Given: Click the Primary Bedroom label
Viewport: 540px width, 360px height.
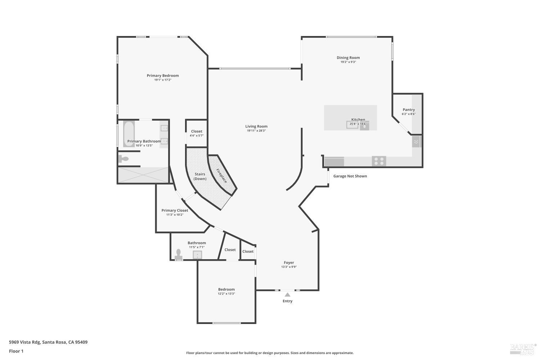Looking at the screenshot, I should [x=163, y=76].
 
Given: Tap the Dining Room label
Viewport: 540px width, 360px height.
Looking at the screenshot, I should [x=348, y=58].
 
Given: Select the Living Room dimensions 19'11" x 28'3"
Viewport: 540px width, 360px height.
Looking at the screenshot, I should [x=256, y=131].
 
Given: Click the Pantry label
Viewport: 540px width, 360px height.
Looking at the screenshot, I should [x=409, y=110].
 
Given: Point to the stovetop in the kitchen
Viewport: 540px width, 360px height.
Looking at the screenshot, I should [x=379, y=161].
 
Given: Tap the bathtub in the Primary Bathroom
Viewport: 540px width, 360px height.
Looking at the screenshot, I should [x=129, y=134].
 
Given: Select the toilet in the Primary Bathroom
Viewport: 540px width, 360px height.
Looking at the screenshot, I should [x=123, y=159].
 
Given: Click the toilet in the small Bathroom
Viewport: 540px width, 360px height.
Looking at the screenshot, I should [x=178, y=254].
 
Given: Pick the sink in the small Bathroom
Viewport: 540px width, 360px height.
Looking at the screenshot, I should [x=197, y=255].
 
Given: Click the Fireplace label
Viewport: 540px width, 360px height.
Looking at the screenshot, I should [x=222, y=176].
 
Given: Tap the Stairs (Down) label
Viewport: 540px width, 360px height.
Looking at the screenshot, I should [x=200, y=176].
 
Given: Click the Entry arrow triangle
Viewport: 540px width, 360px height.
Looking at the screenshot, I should [x=287, y=294].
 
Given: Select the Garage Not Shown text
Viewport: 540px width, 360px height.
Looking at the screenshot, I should [x=350, y=176].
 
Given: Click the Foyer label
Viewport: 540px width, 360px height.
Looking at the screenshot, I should [x=289, y=263].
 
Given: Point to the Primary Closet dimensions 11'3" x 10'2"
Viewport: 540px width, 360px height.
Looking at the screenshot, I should [x=175, y=215].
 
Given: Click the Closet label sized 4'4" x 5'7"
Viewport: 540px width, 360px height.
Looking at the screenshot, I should [x=197, y=131].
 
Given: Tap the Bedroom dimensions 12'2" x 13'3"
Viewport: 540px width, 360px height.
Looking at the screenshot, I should [x=226, y=294].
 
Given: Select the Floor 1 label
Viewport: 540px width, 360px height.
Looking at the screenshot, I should [x=16, y=351].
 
